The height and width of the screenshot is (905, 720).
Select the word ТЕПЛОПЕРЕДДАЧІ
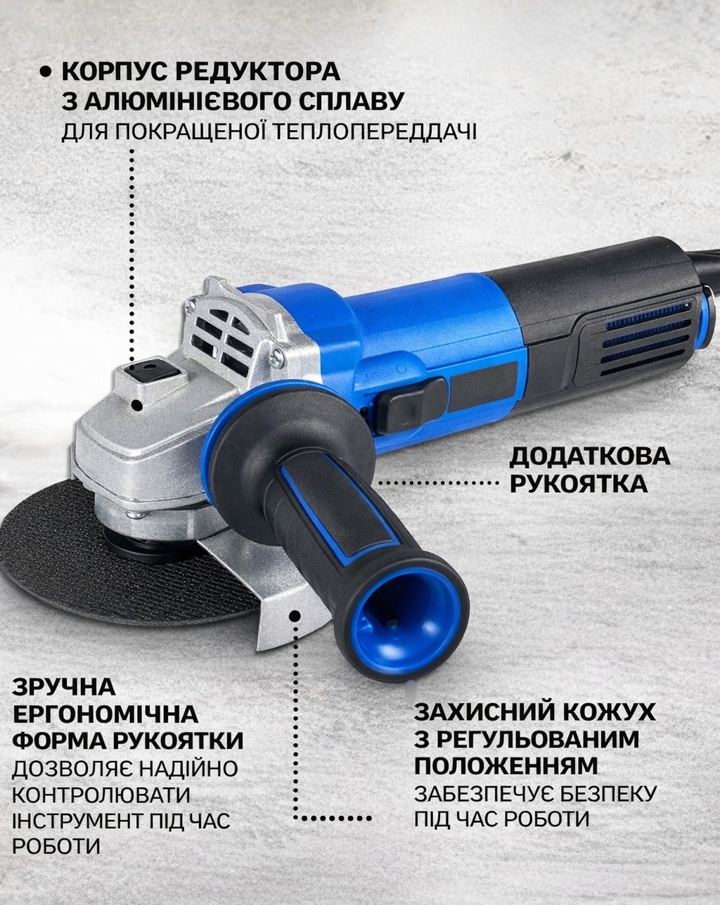click(376, 131)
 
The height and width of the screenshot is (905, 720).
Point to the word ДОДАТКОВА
click(590, 456)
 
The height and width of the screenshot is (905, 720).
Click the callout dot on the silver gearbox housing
click(136, 406)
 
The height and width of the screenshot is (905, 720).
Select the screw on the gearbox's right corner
click(277, 357)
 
